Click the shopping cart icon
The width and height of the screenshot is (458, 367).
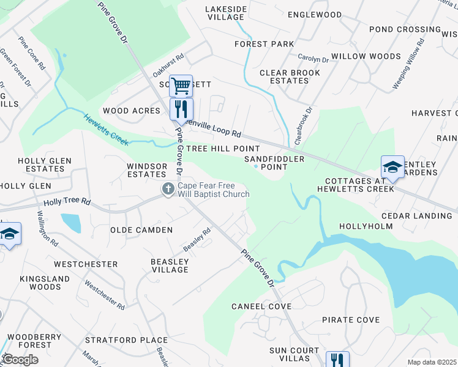181,86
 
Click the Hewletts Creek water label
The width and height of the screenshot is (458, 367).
106,130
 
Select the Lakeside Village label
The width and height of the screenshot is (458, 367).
225,13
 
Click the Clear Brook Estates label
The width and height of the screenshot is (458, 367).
290,76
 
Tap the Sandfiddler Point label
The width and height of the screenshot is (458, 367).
266,162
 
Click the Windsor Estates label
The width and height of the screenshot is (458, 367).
147,170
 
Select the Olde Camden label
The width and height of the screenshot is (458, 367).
141,230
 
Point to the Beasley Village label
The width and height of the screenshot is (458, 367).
170,265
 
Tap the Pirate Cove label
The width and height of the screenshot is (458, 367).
351,320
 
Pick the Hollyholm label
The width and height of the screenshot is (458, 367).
366,226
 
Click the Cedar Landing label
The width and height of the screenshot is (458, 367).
416,216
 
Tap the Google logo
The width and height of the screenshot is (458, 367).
20,360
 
